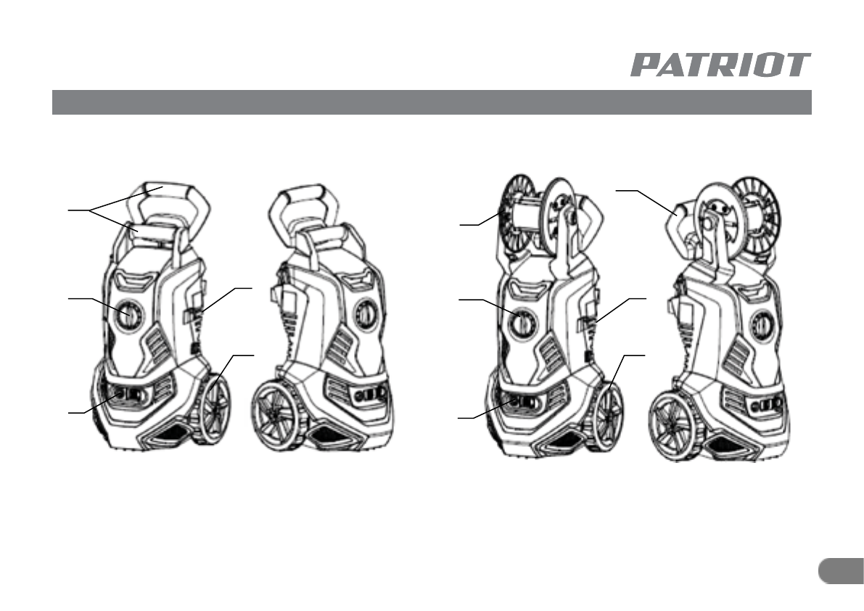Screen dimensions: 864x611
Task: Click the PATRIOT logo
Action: pos(720,65)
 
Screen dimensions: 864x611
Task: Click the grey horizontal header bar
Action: pos(432,102)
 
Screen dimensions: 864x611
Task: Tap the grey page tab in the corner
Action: pos(842,571)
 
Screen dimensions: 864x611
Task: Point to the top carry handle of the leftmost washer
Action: pos(168,207)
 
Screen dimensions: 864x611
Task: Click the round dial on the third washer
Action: pos(522,323)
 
